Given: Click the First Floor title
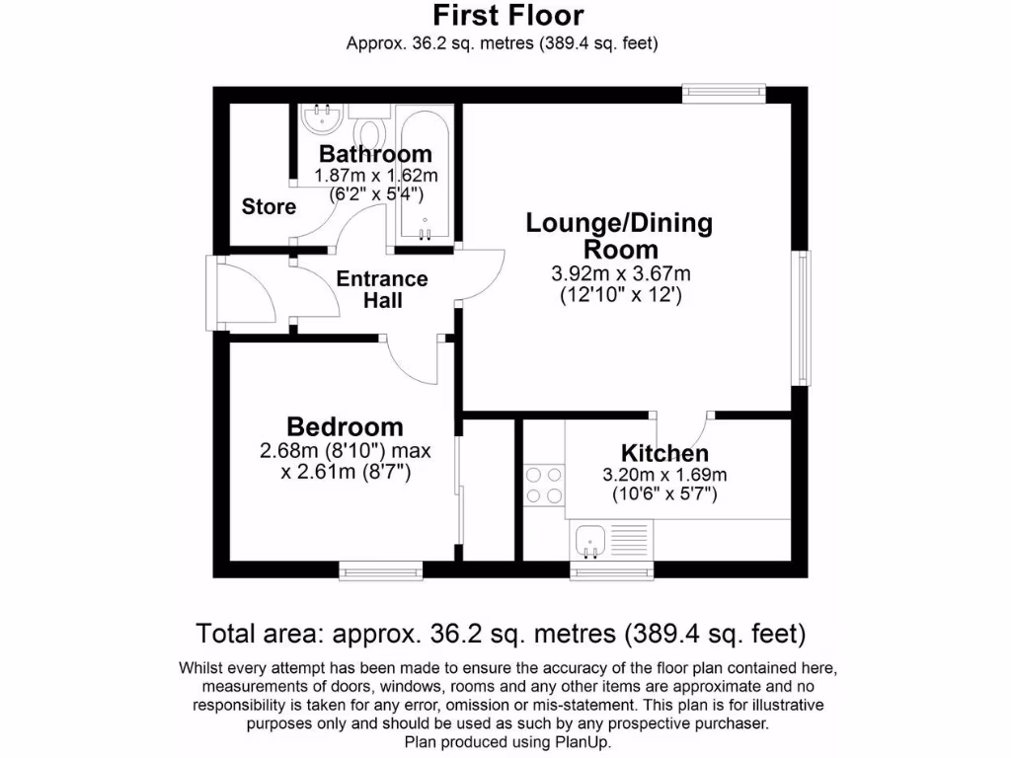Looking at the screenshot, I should click(x=508, y=16).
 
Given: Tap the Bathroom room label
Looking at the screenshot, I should click(x=375, y=154).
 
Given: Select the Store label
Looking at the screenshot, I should click(x=269, y=206).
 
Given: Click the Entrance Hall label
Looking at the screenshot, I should click(x=382, y=289).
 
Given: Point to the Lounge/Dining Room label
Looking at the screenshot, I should click(x=619, y=235).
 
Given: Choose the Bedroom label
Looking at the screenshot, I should click(x=345, y=426).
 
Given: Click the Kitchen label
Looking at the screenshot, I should click(x=664, y=453).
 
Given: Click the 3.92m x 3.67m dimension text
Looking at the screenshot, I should click(x=620, y=273).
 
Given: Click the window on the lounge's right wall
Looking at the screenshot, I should click(x=805, y=318).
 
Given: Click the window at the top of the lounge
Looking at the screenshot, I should click(x=725, y=93).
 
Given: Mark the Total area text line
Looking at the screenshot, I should click(x=502, y=633).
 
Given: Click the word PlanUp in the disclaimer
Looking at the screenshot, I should click(x=583, y=742).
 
